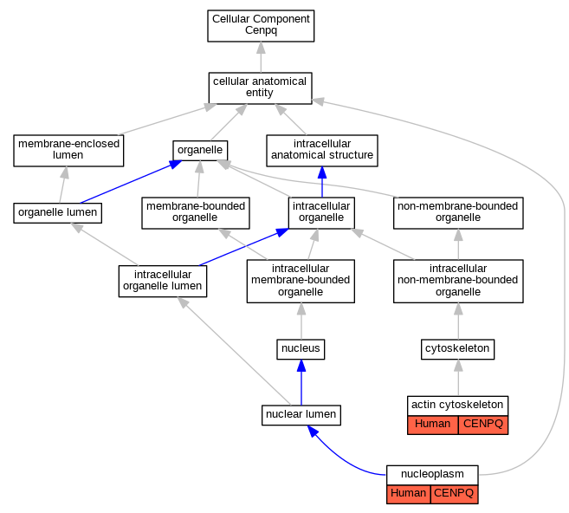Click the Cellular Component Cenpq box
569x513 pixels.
click(x=261, y=26)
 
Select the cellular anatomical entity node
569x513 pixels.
click(x=260, y=88)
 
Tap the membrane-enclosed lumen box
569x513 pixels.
click(x=68, y=151)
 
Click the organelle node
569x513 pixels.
click(x=200, y=150)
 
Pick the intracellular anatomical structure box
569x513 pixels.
click(x=322, y=151)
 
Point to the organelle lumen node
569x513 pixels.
click(x=58, y=213)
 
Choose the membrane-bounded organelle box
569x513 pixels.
click(x=196, y=213)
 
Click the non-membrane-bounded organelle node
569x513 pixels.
click(x=458, y=213)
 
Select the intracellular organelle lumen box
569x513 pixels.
click(x=163, y=282)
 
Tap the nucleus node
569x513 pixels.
click(x=301, y=349)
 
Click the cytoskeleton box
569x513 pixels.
click(x=457, y=349)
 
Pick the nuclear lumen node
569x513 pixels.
click(x=301, y=415)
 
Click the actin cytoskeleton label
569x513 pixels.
click(x=457, y=405)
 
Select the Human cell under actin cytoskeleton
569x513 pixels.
click(x=432, y=425)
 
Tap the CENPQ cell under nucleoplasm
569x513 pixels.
click(x=455, y=494)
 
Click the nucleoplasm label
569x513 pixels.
click(x=432, y=474)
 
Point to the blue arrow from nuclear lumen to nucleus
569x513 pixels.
click(x=301, y=382)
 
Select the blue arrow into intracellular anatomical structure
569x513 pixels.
click(x=322, y=182)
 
